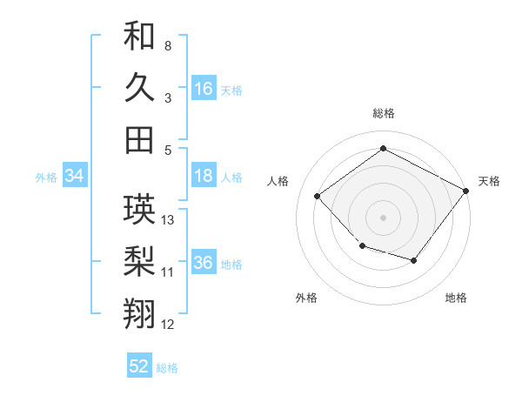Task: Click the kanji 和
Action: tap(139, 36)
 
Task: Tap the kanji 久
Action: tap(139, 87)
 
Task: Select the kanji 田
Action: tap(139, 139)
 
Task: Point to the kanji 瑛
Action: tap(139, 210)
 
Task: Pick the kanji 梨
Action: tap(139, 262)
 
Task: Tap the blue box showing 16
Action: tap(204, 89)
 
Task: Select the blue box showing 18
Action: tap(204, 176)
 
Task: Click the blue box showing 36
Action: tap(204, 263)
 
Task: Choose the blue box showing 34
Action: tap(74, 177)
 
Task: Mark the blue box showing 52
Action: tap(139, 366)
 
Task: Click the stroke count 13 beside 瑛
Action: tap(169, 220)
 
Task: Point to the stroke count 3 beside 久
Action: tap(168, 97)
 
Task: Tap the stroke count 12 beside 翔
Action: tap(169, 325)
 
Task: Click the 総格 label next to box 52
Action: tap(167, 368)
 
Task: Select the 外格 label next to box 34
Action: tap(46, 178)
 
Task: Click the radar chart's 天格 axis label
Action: tap(489, 181)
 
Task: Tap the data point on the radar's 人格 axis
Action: tap(318, 197)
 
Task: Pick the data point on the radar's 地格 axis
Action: tap(414, 260)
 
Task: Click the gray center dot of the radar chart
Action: tap(383, 217)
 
